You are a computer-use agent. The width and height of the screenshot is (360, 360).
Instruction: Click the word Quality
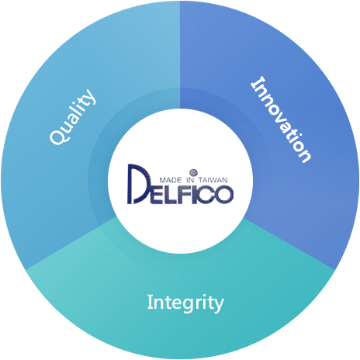pos(72,116)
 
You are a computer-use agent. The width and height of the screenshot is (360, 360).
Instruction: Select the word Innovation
pos(281,119)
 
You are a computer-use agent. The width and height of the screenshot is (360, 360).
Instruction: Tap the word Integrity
pos(185,303)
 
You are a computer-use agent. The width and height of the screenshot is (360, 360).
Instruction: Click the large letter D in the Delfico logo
pos(139,184)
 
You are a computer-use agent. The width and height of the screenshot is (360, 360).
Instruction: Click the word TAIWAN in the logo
pos(213,180)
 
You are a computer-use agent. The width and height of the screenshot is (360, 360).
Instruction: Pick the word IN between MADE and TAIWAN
pos(190,180)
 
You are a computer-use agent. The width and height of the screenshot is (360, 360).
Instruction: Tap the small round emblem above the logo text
pos(193,172)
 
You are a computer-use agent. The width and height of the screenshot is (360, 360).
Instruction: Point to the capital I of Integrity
pos(149,302)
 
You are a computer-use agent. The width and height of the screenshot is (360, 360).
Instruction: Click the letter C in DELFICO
pos(206,195)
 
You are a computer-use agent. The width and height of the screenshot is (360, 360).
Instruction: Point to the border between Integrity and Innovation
pos(289,244)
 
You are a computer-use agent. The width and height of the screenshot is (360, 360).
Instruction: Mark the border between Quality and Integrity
pos(71,244)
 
